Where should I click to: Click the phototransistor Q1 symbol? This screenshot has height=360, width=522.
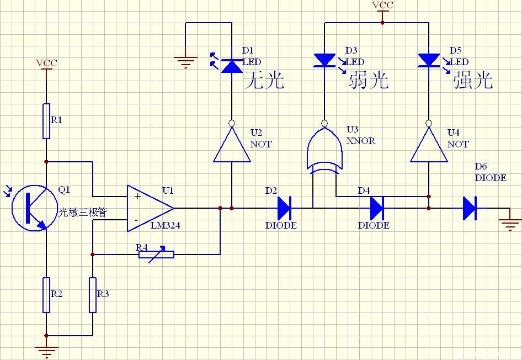tap(34, 208)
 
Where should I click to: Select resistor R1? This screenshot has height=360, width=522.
tap(46, 121)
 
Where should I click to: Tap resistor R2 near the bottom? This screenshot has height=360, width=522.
tap(46, 295)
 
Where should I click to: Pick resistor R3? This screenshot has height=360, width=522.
tap(93, 295)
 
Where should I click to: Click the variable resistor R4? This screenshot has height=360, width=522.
tap(156, 255)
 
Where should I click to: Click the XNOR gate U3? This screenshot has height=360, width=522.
tap(324, 148)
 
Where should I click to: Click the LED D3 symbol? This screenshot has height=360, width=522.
tap(324, 61)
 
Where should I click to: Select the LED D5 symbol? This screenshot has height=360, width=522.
tap(429, 61)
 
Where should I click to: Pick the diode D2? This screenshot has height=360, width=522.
tap(285, 208)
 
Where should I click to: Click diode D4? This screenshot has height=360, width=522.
tap(377, 208)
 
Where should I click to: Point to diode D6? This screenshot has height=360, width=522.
tap(470, 208)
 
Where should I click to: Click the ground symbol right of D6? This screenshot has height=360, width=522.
tap(510, 225)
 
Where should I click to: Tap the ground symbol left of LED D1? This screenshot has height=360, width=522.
tap(185, 62)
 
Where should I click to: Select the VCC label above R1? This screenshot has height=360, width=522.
tap(46, 63)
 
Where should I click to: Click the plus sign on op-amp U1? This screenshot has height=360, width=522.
tap(137, 196)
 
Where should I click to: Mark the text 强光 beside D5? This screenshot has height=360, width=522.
tap(473, 80)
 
